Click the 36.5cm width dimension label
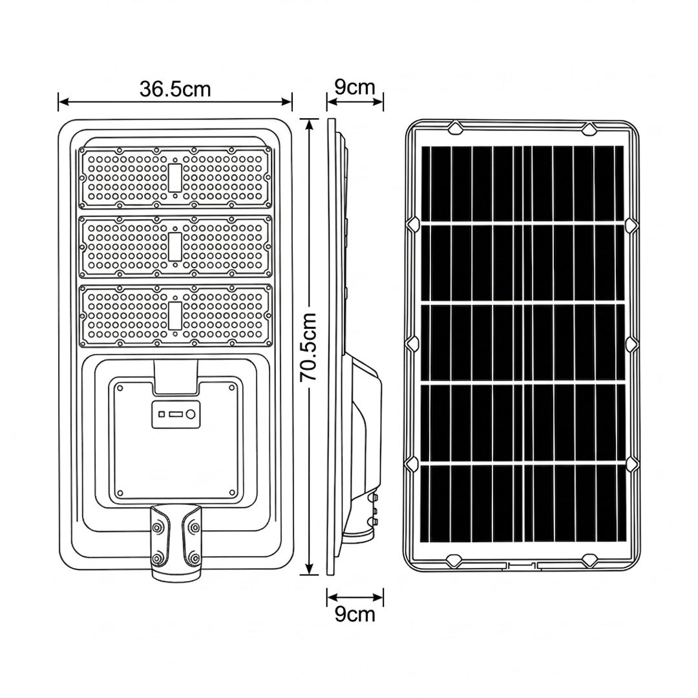[175, 89]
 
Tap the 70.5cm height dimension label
[308, 347]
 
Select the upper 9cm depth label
[355, 87]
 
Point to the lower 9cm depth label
[355, 615]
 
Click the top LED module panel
[175, 178]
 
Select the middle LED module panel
[175, 247]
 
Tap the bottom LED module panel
[175, 315]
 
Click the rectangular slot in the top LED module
[175, 178]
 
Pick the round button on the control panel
[191, 414]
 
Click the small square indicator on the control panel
[162, 414]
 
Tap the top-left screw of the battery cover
[120, 388]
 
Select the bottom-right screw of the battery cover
[232, 492]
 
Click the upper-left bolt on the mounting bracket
[157, 528]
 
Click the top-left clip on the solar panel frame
[456, 128]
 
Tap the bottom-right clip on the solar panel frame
[590, 560]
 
